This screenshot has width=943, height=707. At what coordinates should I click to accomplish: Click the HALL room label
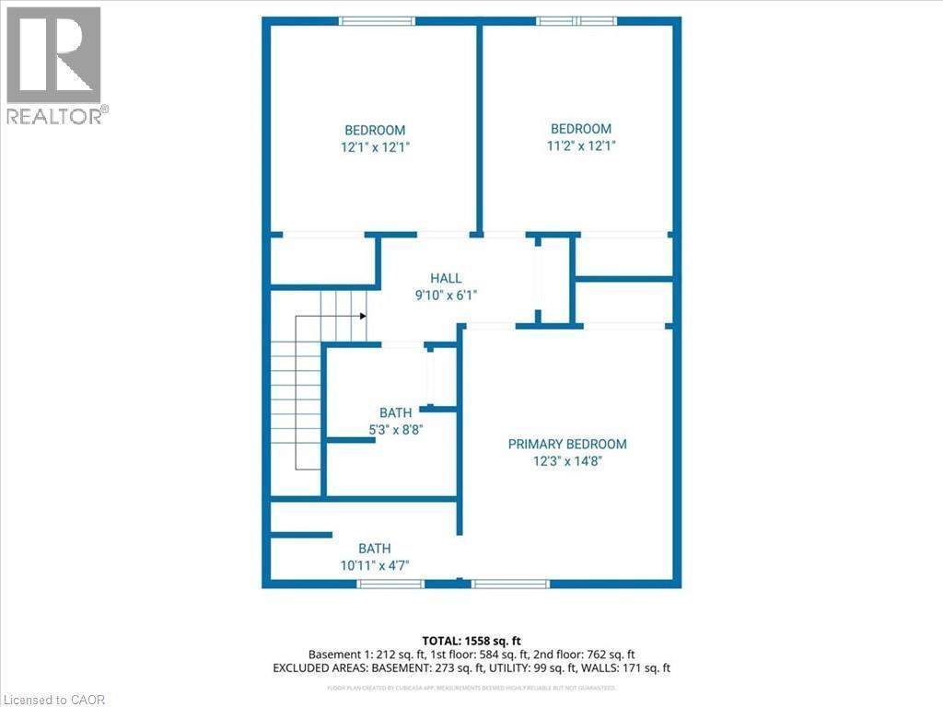coord(446,278)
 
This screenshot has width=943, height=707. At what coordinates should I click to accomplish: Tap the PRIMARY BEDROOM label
coord(567,444)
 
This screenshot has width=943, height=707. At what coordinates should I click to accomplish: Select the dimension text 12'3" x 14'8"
coord(567,461)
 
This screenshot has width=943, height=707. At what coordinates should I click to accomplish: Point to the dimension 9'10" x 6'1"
coord(446,295)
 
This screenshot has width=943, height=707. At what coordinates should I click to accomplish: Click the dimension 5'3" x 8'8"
coord(395,428)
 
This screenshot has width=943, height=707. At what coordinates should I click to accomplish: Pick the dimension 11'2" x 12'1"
coord(580,145)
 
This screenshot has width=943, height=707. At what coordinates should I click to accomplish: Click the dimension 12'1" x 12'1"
coord(375,146)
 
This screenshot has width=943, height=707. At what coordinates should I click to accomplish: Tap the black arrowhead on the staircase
coord(364,316)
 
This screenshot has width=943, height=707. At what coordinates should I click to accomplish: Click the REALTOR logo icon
coord(53,55)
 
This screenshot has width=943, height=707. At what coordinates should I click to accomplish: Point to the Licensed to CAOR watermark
coord(53,699)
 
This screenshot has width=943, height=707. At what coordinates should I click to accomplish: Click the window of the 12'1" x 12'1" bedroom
coord(377,21)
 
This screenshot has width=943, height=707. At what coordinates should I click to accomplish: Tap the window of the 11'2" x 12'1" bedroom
coord(574,21)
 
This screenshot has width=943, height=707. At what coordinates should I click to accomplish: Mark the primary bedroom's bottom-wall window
coord(510,583)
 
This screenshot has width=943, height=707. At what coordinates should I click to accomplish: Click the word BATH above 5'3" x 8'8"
coord(395,412)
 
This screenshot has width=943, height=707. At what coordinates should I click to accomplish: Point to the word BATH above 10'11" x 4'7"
coord(375,550)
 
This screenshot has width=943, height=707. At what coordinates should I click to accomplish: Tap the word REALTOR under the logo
coord(53,115)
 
